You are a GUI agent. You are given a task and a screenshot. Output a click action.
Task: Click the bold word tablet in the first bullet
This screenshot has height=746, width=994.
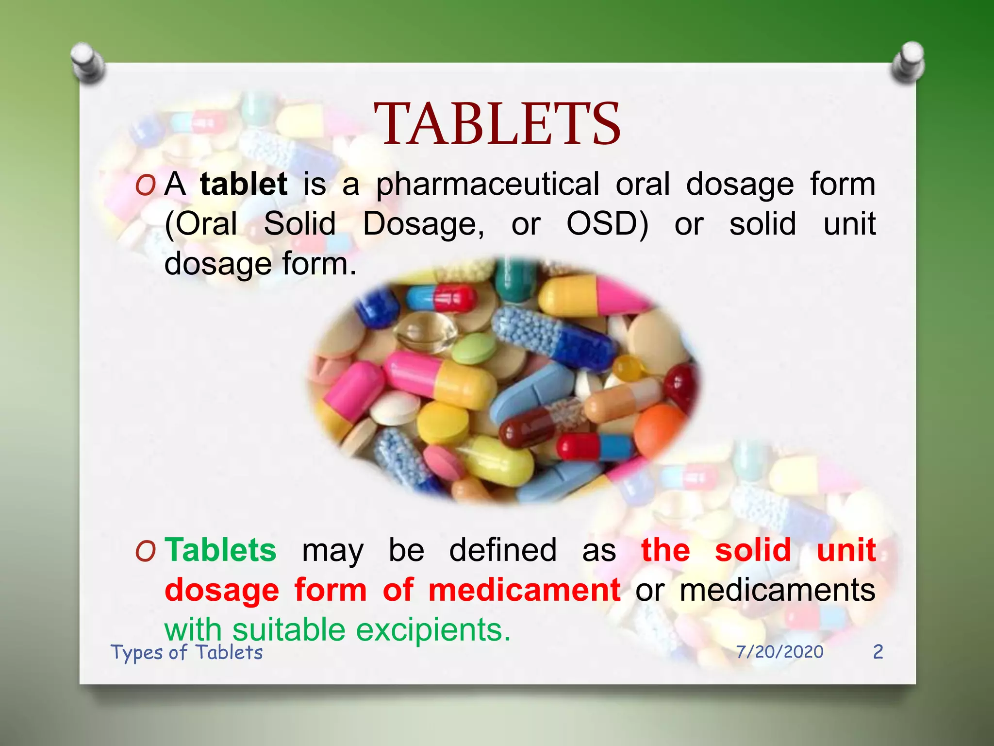244,184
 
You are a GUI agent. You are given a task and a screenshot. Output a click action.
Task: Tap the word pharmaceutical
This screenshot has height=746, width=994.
488,185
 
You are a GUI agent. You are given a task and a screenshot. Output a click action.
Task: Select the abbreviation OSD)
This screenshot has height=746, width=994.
607,224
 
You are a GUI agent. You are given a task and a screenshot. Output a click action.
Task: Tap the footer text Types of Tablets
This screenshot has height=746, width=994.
187,652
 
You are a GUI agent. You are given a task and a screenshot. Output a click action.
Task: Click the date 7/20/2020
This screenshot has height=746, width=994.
779,652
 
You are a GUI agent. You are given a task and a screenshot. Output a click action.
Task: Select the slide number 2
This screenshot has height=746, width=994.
878,652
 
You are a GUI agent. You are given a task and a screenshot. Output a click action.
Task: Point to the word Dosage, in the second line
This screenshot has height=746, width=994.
423,224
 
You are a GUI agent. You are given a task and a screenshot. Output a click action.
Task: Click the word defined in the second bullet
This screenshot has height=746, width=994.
502,550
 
